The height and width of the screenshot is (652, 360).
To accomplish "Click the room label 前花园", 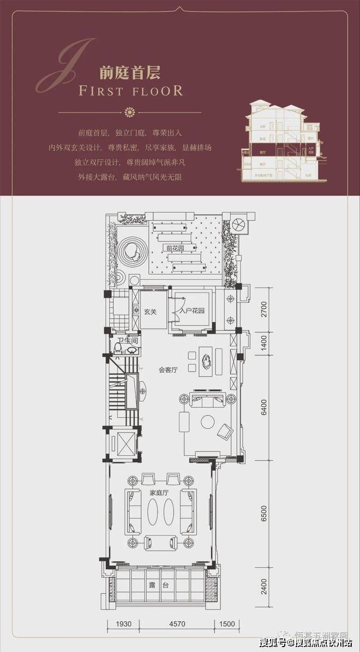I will [175, 248].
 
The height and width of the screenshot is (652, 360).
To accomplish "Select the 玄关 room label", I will [150, 312].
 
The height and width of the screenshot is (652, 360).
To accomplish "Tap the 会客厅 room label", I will [169, 370].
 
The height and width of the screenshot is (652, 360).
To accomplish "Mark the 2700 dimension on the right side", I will [263, 309].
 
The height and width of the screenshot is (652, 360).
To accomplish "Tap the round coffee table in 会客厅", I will [207, 421].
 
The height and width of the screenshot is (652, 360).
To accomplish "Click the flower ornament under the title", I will [130, 112].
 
